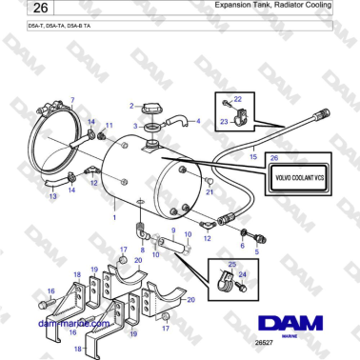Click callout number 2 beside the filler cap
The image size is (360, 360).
(131, 106)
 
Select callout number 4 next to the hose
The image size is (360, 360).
(198, 122)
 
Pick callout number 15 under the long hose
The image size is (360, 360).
(252, 155)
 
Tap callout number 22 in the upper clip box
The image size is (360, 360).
(238, 99)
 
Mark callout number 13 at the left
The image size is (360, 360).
(52, 196)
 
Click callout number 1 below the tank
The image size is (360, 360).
(115, 217)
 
